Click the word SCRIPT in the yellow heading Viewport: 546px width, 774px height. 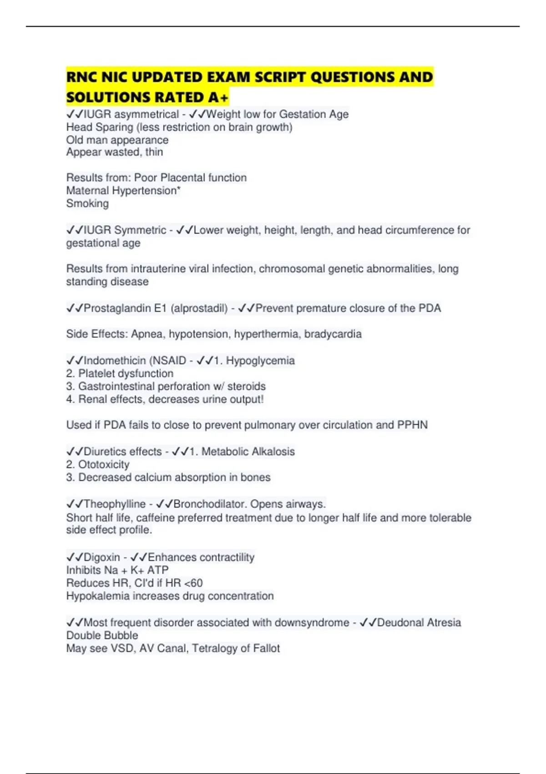coord(279,77)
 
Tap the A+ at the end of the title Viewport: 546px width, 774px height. coord(218,97)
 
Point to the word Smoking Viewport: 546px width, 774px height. coord(87,204)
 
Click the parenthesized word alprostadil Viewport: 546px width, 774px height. coord(199,308)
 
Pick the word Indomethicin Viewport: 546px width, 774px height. coord(115,361)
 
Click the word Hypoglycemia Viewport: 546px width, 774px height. coord(260,361)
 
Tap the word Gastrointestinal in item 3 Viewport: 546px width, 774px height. coord(121,387)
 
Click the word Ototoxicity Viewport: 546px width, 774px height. coord(104,465)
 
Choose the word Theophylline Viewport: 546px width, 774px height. coord(115,504)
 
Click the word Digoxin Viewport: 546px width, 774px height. coord(102,557)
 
